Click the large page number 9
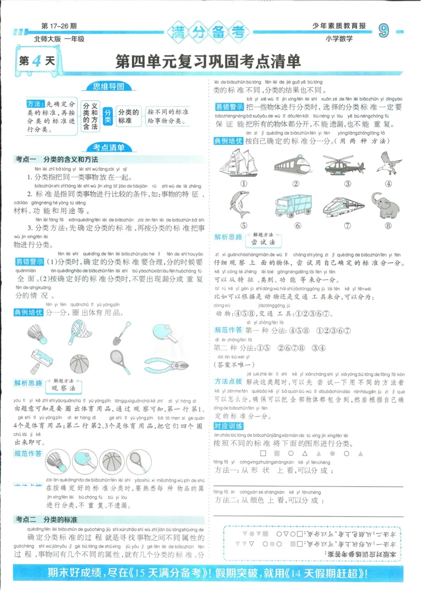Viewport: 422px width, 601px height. click(x=384, y=32)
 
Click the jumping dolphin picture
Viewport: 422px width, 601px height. click(x=242, y=205)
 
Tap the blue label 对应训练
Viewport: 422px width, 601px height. click(x=228, y=426)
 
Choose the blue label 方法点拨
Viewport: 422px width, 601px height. click(x=228, y=381)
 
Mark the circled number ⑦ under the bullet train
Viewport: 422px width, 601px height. click(x=347, y=226)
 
